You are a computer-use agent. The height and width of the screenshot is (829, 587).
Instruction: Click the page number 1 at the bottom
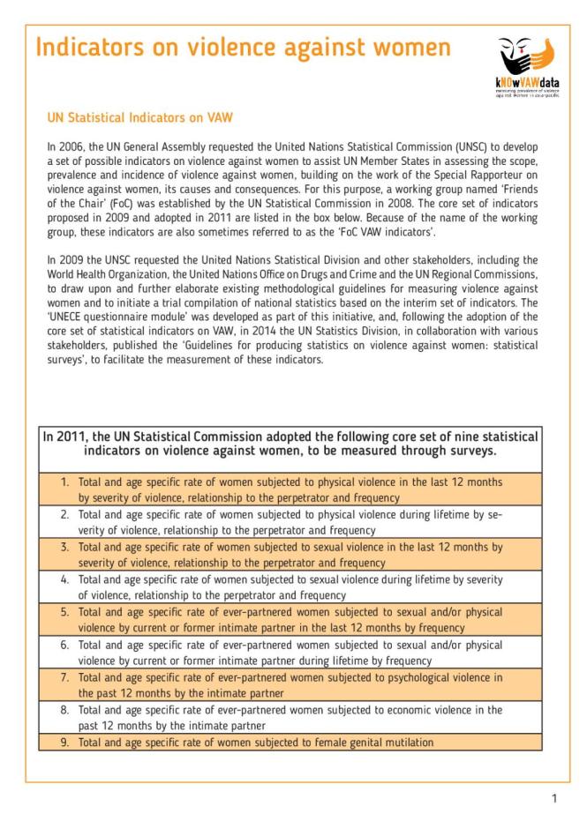[554, 799]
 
